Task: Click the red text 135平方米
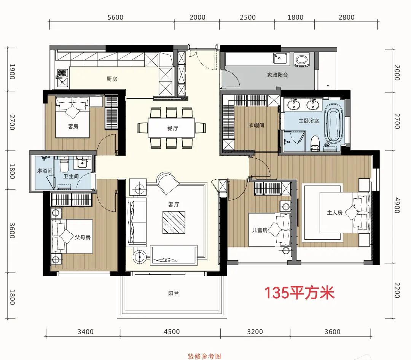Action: pyautogui.click(x=299, y=293)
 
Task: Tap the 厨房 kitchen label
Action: pyautogui.click(x=112, y=79)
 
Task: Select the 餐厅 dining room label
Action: pyautogui.click(x=172, y=128)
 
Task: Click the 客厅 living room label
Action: pyautogui.click(x=174, y=204)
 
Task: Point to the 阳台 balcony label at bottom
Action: pyautogui.click(x=174, y=293)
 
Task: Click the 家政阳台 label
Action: pyautogui.click(x=277, y=75)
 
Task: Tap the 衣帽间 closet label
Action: pyautogui.click(x=256, y=125)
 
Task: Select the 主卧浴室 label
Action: pyautogui.click(x=309, y=121)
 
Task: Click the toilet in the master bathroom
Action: pyautogui.click(x=315, y=143)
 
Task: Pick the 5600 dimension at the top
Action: pyautogui.click(x=116, y=18)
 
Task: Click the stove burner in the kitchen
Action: pyautogui.click(x=62, y=73)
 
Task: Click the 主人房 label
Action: pyautogui.click(x=335, y=212)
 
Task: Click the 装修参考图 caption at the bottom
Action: pyautogui.click(x=204, y=357)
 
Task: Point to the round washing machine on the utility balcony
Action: pyautogui.click(x=302, y=60)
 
